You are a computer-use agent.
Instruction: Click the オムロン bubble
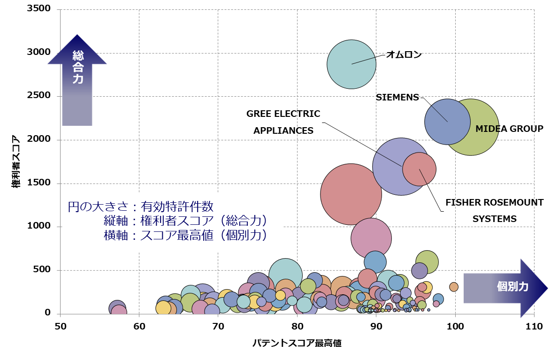[351, 64]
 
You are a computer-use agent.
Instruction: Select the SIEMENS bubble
[447, 122]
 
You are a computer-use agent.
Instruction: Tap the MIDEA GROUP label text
[509, 129]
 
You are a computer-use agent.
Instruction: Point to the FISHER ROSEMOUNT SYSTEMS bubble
[419, 169]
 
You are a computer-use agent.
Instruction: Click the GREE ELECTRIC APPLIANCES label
[283, 122]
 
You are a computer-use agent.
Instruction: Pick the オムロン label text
[404, 54]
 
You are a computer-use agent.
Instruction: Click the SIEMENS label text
[397, 97]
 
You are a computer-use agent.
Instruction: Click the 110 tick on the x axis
[534, 326]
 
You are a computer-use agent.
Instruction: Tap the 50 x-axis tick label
[60, 326]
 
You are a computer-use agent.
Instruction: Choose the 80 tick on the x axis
[297, 326]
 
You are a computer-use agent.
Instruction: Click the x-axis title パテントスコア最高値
[297, 343]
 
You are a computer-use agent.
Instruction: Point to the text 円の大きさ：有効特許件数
[141, 207]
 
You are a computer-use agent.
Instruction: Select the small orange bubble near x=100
[453, 287]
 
